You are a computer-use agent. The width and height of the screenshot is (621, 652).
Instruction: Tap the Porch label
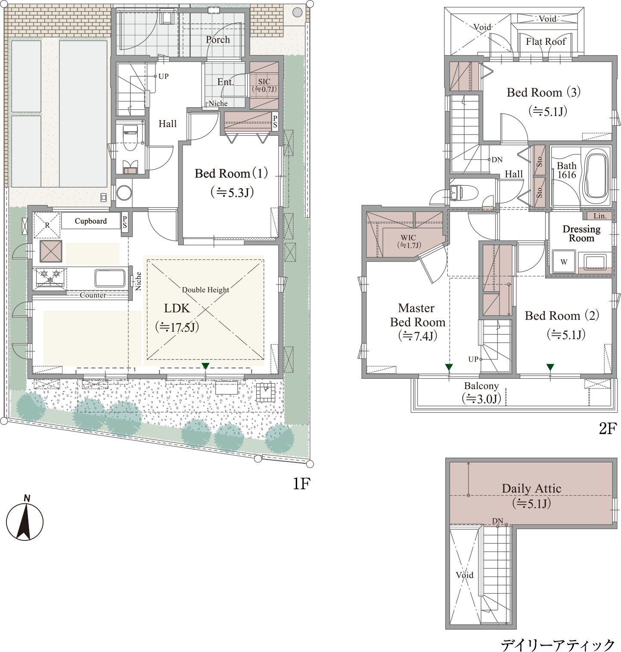tap(217, 40)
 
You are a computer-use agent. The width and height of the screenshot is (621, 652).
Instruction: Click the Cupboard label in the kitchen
tap(90, 221)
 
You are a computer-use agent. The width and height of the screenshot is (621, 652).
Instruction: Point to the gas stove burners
tap(50, 277)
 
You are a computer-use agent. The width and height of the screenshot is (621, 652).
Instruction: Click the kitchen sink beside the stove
tap(110, 278)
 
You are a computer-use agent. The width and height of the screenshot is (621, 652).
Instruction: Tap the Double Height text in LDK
tap(205, 290)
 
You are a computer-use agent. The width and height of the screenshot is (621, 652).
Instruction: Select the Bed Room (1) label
tap(231, 173)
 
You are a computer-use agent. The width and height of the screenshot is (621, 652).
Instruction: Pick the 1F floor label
tap(301, 484)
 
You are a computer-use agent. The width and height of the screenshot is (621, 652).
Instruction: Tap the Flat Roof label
tap(546, 42)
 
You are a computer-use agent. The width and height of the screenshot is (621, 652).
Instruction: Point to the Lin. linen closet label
tap(600, 216)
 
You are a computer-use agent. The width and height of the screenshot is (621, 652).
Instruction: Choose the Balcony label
tap(481, 386)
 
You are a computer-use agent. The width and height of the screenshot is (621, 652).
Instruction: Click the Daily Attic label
tap(531, 489)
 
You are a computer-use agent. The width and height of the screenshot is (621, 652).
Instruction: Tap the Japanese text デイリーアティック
tap(558, 645)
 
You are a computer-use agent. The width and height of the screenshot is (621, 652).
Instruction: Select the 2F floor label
tap(608, 428)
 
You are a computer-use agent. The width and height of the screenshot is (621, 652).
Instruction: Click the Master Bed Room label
tap(417, 315)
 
